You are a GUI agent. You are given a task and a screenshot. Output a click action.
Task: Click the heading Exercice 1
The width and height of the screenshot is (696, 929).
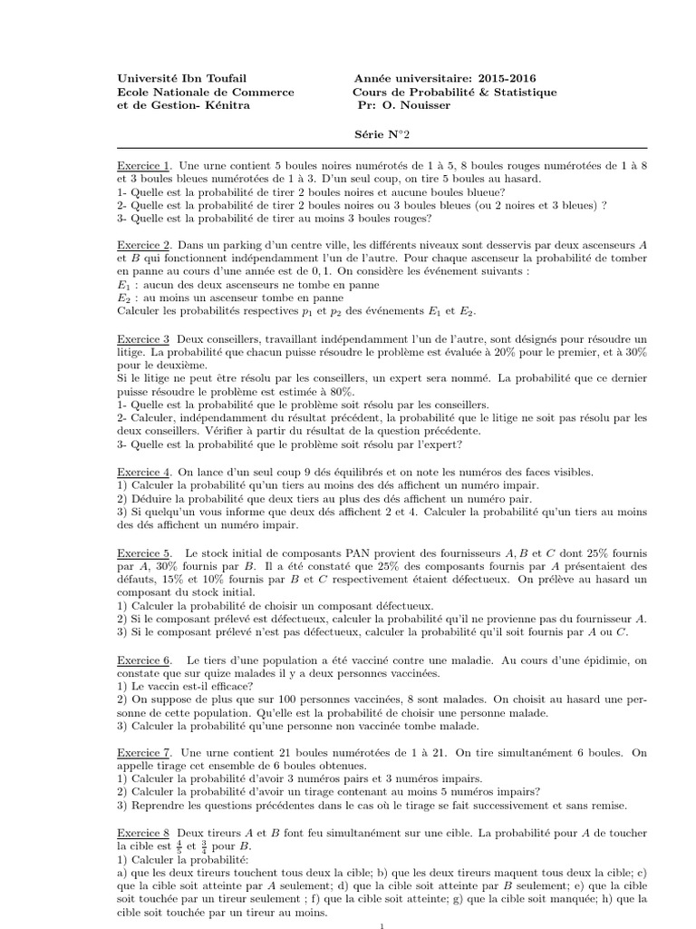click(x=144, y=167)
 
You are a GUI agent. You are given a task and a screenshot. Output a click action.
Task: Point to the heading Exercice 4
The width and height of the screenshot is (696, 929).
click(x=144, y=472)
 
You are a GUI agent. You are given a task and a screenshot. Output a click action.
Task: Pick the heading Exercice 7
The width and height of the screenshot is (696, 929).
click(x=144, y=753)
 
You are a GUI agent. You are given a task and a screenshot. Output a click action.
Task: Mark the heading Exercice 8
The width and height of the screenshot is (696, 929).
click(x=144, y=833)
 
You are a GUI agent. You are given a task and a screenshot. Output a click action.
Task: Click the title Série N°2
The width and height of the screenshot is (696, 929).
click(x=382, y=132)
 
